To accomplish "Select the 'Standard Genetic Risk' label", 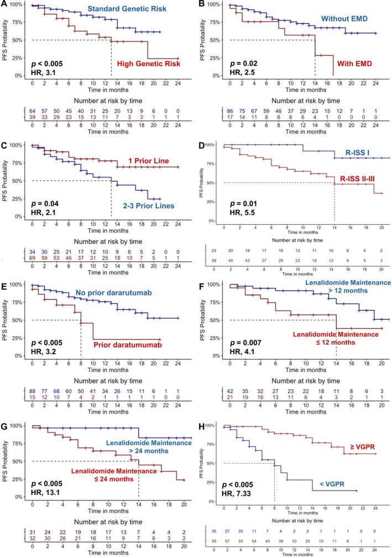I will pyautogui.click(x=121, y=10).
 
